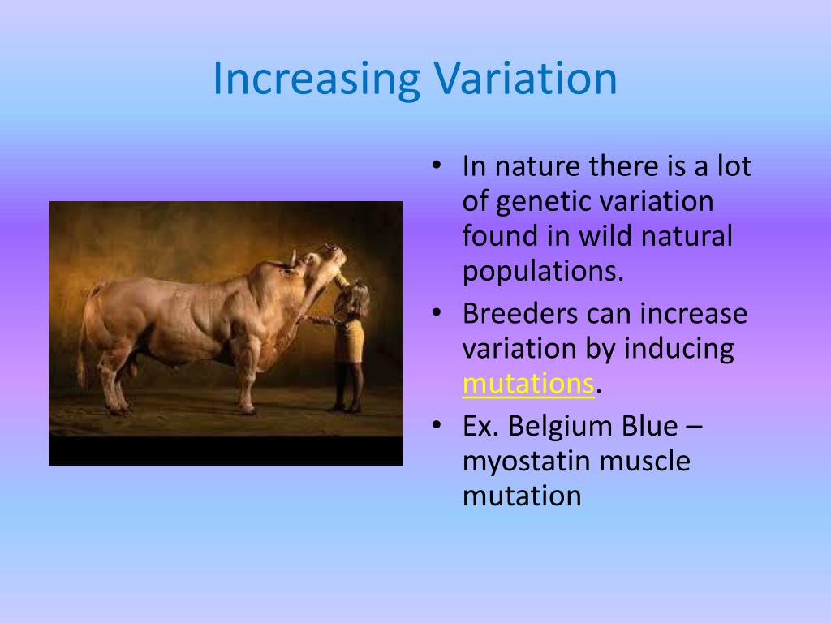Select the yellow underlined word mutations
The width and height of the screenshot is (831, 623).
pyautogui.click(x=527, y=383)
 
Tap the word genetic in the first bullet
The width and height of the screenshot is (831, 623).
pyautogui.click(x=536, y=202)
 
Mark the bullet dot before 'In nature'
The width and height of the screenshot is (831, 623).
pyautogui.click(x=436, y=165)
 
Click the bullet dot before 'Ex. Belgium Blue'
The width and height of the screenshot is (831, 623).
pyautogui.click(x=436, y=425)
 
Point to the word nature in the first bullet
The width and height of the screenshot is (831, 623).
pyautogui.click(x=537, y=166)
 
